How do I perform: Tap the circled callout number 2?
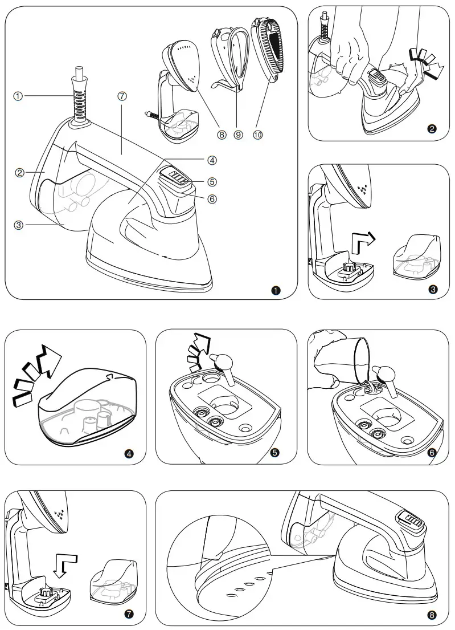point(19,173)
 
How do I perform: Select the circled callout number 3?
point(19,225)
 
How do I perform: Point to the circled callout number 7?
point(122,96)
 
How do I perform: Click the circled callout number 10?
point(257,135)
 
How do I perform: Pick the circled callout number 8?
point(222,135)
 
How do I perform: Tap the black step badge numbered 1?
point(277,291)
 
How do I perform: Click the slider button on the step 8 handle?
point(411,520)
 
